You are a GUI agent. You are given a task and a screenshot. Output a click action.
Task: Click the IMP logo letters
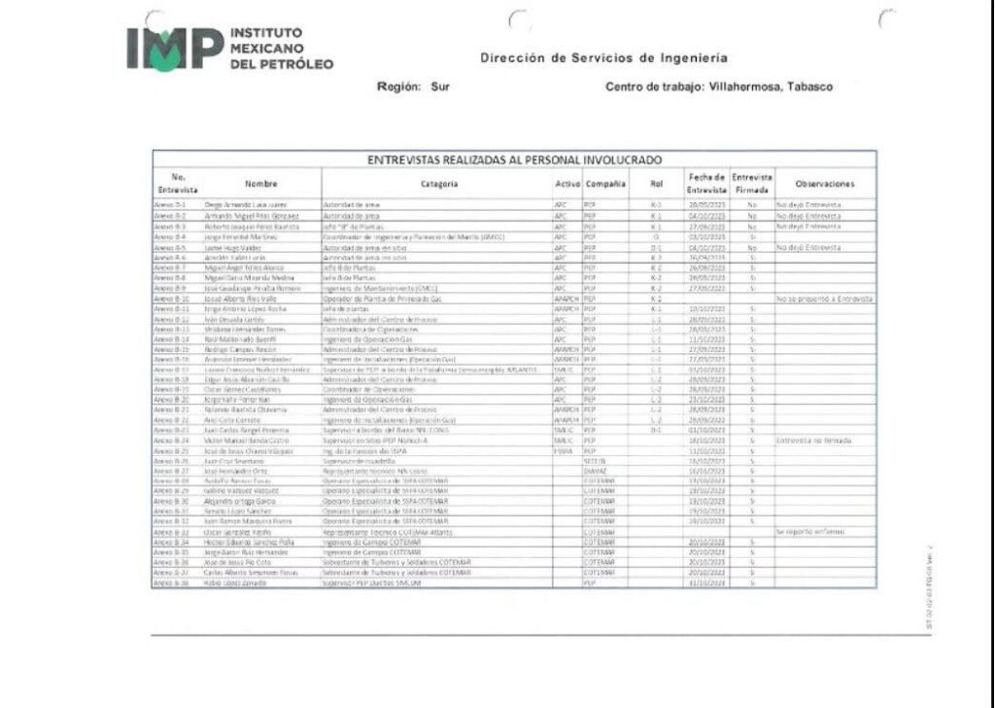pyautogui.click(x=173, y=48)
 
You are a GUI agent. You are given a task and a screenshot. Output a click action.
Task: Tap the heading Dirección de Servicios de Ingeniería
pyautogui.click(x=603, y=57)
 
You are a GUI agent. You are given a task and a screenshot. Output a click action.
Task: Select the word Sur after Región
pyautogui.click(x=439, y=87)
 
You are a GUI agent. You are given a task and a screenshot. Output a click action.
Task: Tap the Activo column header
pyautogui.click(x=566, y=183)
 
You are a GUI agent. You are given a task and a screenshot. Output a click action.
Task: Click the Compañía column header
pyautogui.click(x=606, y=183)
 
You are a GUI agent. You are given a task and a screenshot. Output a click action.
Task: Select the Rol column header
pyautogui.click(x=655, y=183)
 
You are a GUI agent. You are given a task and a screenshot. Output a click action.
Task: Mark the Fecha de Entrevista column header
pyautogui.click(x=706, y=183)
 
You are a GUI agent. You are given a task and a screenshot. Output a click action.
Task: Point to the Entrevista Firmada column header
pyautogui.click(x=752, y=183)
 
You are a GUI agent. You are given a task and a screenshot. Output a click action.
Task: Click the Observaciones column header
pyautogui.click(x=824, y=183)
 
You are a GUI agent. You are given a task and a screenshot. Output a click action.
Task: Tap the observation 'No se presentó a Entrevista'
pyautogui.click(x=824, y=299)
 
